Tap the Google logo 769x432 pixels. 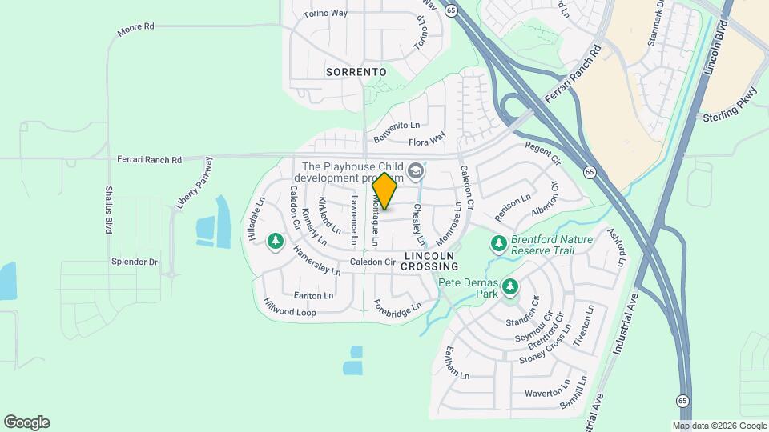coord(26,422)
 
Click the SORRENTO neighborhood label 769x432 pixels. coord(356,72)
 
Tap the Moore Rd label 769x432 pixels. coord(135,30)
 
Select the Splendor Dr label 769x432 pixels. coord(135,262)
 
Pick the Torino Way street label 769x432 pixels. coord(326,13)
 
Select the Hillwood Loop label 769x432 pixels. coord(289,308)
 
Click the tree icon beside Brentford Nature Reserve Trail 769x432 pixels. coord(498,242)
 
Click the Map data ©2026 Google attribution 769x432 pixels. coord(719,426)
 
